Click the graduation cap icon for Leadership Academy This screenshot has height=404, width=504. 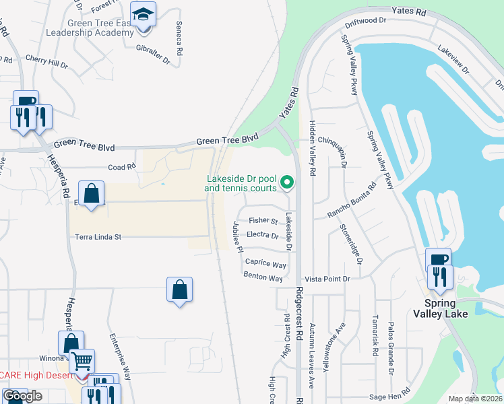pos(143,15)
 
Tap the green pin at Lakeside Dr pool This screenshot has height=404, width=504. pos(287,182)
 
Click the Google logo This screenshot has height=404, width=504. pos(22,396)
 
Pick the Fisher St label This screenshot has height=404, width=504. pos(263,221)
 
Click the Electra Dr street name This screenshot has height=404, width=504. pos(263,236)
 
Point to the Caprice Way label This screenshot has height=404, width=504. pos(265,264)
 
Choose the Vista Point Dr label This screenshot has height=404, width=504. pos(327,278)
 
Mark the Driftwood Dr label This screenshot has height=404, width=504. pos(365,22)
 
